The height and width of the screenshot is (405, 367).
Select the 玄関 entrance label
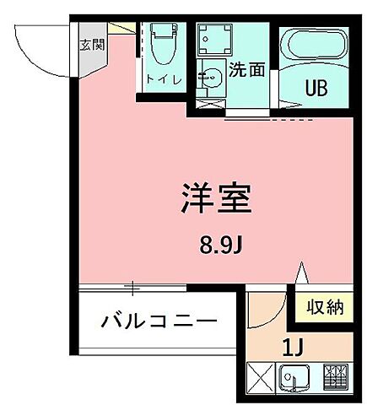[90, 45]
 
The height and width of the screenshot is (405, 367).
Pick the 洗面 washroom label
[251, 70]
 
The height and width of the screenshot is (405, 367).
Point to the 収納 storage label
[324, 306]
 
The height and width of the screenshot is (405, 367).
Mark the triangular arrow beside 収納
[301, 278]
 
